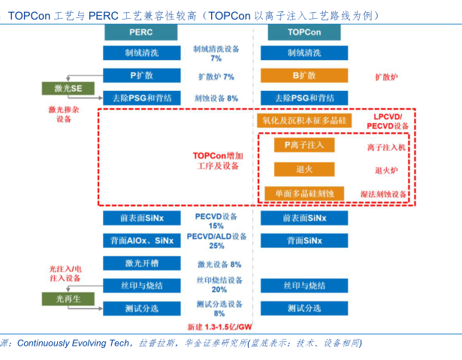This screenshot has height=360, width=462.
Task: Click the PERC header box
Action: pos(142,33)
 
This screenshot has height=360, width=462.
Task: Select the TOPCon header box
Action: pos(304,33)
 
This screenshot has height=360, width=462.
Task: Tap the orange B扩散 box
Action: pos(304,76)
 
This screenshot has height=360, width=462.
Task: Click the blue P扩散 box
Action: pos(142,76)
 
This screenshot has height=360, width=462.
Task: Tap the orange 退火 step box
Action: pos(303,169)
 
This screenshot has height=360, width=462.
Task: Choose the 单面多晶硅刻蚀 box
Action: pos(303,193)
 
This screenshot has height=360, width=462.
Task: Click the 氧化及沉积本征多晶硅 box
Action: pos(304,120)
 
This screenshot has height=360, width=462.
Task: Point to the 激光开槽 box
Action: pos(142,263)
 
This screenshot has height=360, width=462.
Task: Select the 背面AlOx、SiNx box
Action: pos(142,241)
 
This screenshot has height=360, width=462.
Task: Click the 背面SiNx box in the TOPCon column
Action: pos(304,241)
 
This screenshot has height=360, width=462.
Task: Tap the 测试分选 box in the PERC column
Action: pos(142,308)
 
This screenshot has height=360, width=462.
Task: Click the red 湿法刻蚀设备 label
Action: pos(383,194)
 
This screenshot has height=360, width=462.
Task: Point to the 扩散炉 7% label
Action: pos(216,77)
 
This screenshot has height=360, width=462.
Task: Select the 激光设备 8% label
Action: pos(219,264)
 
